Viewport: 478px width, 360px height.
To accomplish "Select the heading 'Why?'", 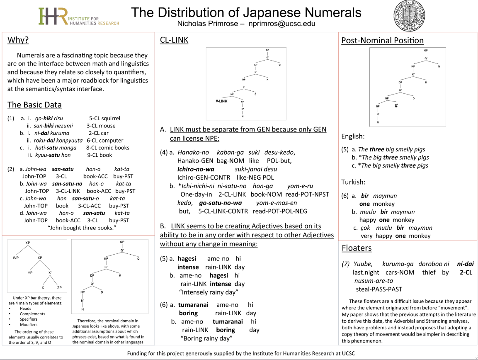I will coord(18,40).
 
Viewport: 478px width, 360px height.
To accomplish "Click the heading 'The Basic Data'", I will coord(34,105).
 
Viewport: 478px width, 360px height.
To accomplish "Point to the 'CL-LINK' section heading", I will coord(174,40).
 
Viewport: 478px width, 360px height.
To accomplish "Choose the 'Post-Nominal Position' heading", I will coord(382,40).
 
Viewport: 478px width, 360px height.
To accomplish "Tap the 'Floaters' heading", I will coord(357,248).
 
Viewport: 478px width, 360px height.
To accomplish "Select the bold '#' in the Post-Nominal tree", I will coord(396,105).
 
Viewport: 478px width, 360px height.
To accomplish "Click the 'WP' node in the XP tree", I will coord(16,258).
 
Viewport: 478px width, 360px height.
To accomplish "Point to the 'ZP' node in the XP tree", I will coord(59,287).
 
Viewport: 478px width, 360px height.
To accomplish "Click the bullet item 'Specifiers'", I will coord(29,319).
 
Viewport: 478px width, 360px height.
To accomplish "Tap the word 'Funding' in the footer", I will coord(138,353).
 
